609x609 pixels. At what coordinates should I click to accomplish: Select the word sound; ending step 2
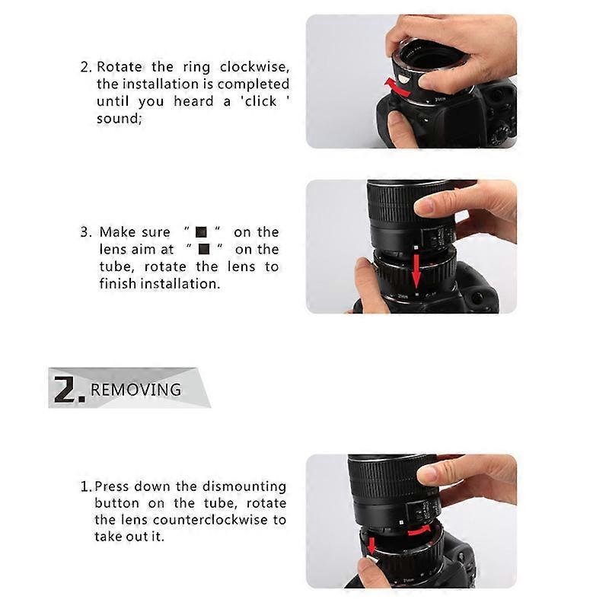click(119, 118)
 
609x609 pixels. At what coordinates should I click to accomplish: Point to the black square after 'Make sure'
click(201, 232)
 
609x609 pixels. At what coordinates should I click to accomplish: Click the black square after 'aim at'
click(203, 249)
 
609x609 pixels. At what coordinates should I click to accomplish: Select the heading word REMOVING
click(136, 390)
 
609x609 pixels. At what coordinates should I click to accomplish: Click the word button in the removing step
click(117, 503)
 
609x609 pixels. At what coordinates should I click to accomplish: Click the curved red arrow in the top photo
click(397, 83)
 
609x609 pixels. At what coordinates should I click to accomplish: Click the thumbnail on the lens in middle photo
click(423, 206)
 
